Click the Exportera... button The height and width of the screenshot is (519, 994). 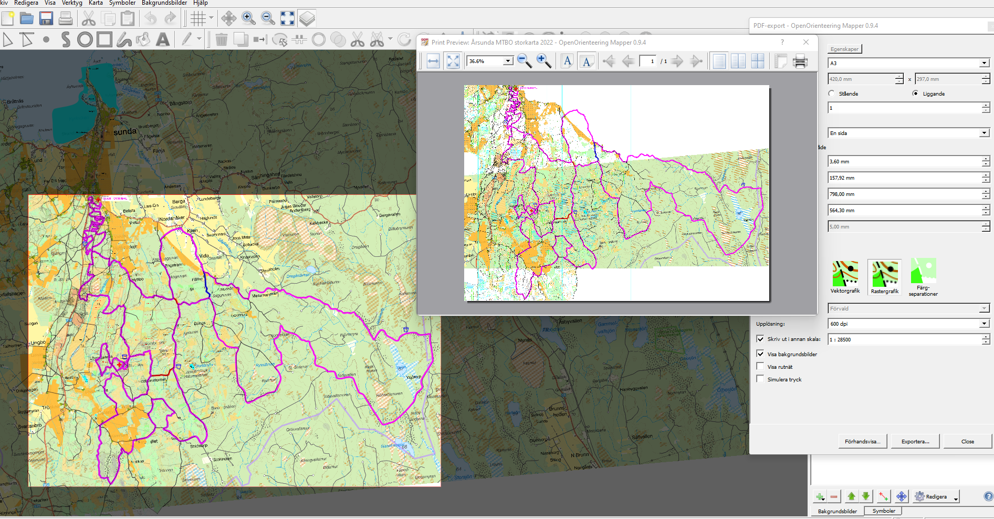pyautogui.click(x=915, y=441)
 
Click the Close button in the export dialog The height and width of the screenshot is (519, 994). pyautogui.click(x=967, y=441)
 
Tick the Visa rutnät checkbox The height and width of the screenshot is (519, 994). pyautogui.click(x=760, y=366)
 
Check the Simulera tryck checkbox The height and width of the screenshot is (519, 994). pyautogui.click(x=760, y=379)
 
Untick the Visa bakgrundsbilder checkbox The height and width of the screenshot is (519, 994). pyautogui.click(x=760, y=354)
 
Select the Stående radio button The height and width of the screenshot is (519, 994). pyautogui.click(x=832, y=94)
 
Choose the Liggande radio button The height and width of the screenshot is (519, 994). pyautogui.click(x=916, y=94)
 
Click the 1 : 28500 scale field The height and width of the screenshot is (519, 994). pyautogui.click(x=903, y=339)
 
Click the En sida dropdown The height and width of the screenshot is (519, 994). pyautogui.click(x=908, y=133)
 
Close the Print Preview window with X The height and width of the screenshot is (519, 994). pyautogui.click(x=806, y=42)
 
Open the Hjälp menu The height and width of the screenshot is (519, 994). pyautogui.click(x=201, y=3)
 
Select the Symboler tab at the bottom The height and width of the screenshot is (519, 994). pyautogui.click(x=884, y=511)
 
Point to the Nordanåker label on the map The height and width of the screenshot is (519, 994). pyautogui.click(x=172, y=219)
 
